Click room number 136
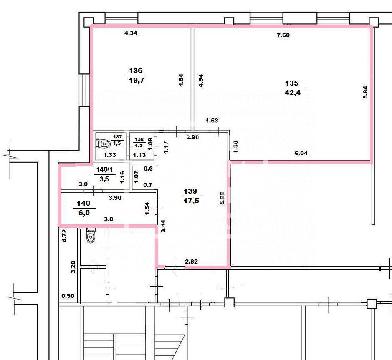click(136, 70)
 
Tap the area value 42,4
click(293, 93)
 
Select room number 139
click(190, 191)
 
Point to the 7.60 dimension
click(283, 35)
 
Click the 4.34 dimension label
click(131, 33)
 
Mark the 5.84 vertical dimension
click(366, 92)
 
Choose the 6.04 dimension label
click(301, 153)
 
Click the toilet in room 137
click(103, 143)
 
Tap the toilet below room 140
click(91, 235)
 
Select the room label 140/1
click(104, 169)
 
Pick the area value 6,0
click(84, 213)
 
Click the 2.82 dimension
click(191, 262)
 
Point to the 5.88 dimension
click(222, 198)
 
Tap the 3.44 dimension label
click(163, 226)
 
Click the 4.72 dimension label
click(65, 236)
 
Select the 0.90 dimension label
click(68, 296)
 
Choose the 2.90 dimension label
click(192, 137)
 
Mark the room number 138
click(139, 139)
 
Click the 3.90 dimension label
click(115, 198)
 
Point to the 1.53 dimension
click(212, 121)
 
